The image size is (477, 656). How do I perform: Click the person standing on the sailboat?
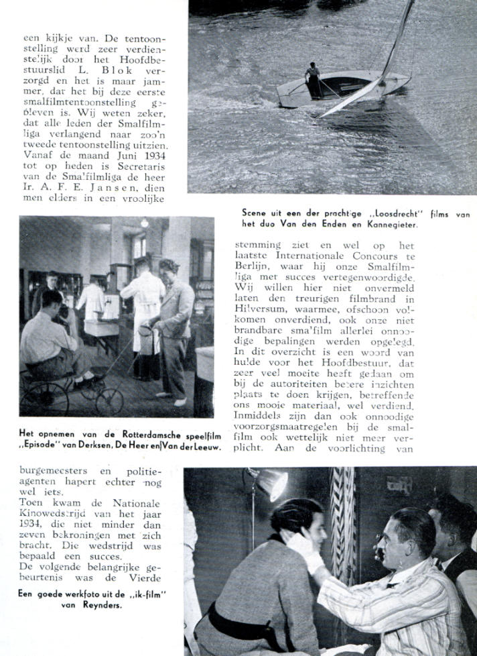(313, 80)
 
